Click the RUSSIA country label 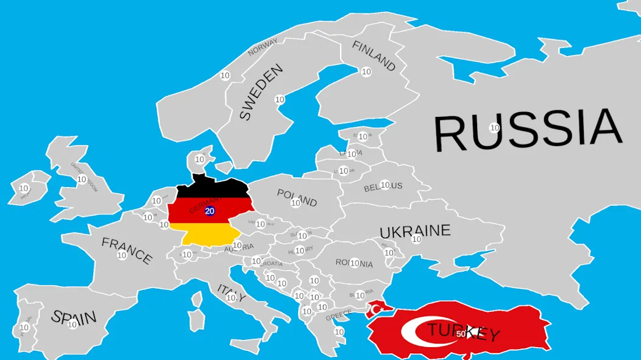coord(528,130)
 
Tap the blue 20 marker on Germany coord(210,211)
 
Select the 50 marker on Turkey coord(461,334)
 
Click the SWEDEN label coord(261,92)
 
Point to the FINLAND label coord(374,55)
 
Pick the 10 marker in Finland coord(366,72)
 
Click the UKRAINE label coord(415,231)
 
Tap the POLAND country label coord(297,197)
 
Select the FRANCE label coord(127,250)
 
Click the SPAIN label coord(74,317)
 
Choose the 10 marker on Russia coord(495,128)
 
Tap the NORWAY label coord(263,47)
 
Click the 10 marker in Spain coord(73,324)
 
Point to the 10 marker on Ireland coord(24,188)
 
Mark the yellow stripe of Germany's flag coord(204,234)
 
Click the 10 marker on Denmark coord(199,160)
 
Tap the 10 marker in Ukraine coord(416,239)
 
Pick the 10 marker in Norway coord(225,76)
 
